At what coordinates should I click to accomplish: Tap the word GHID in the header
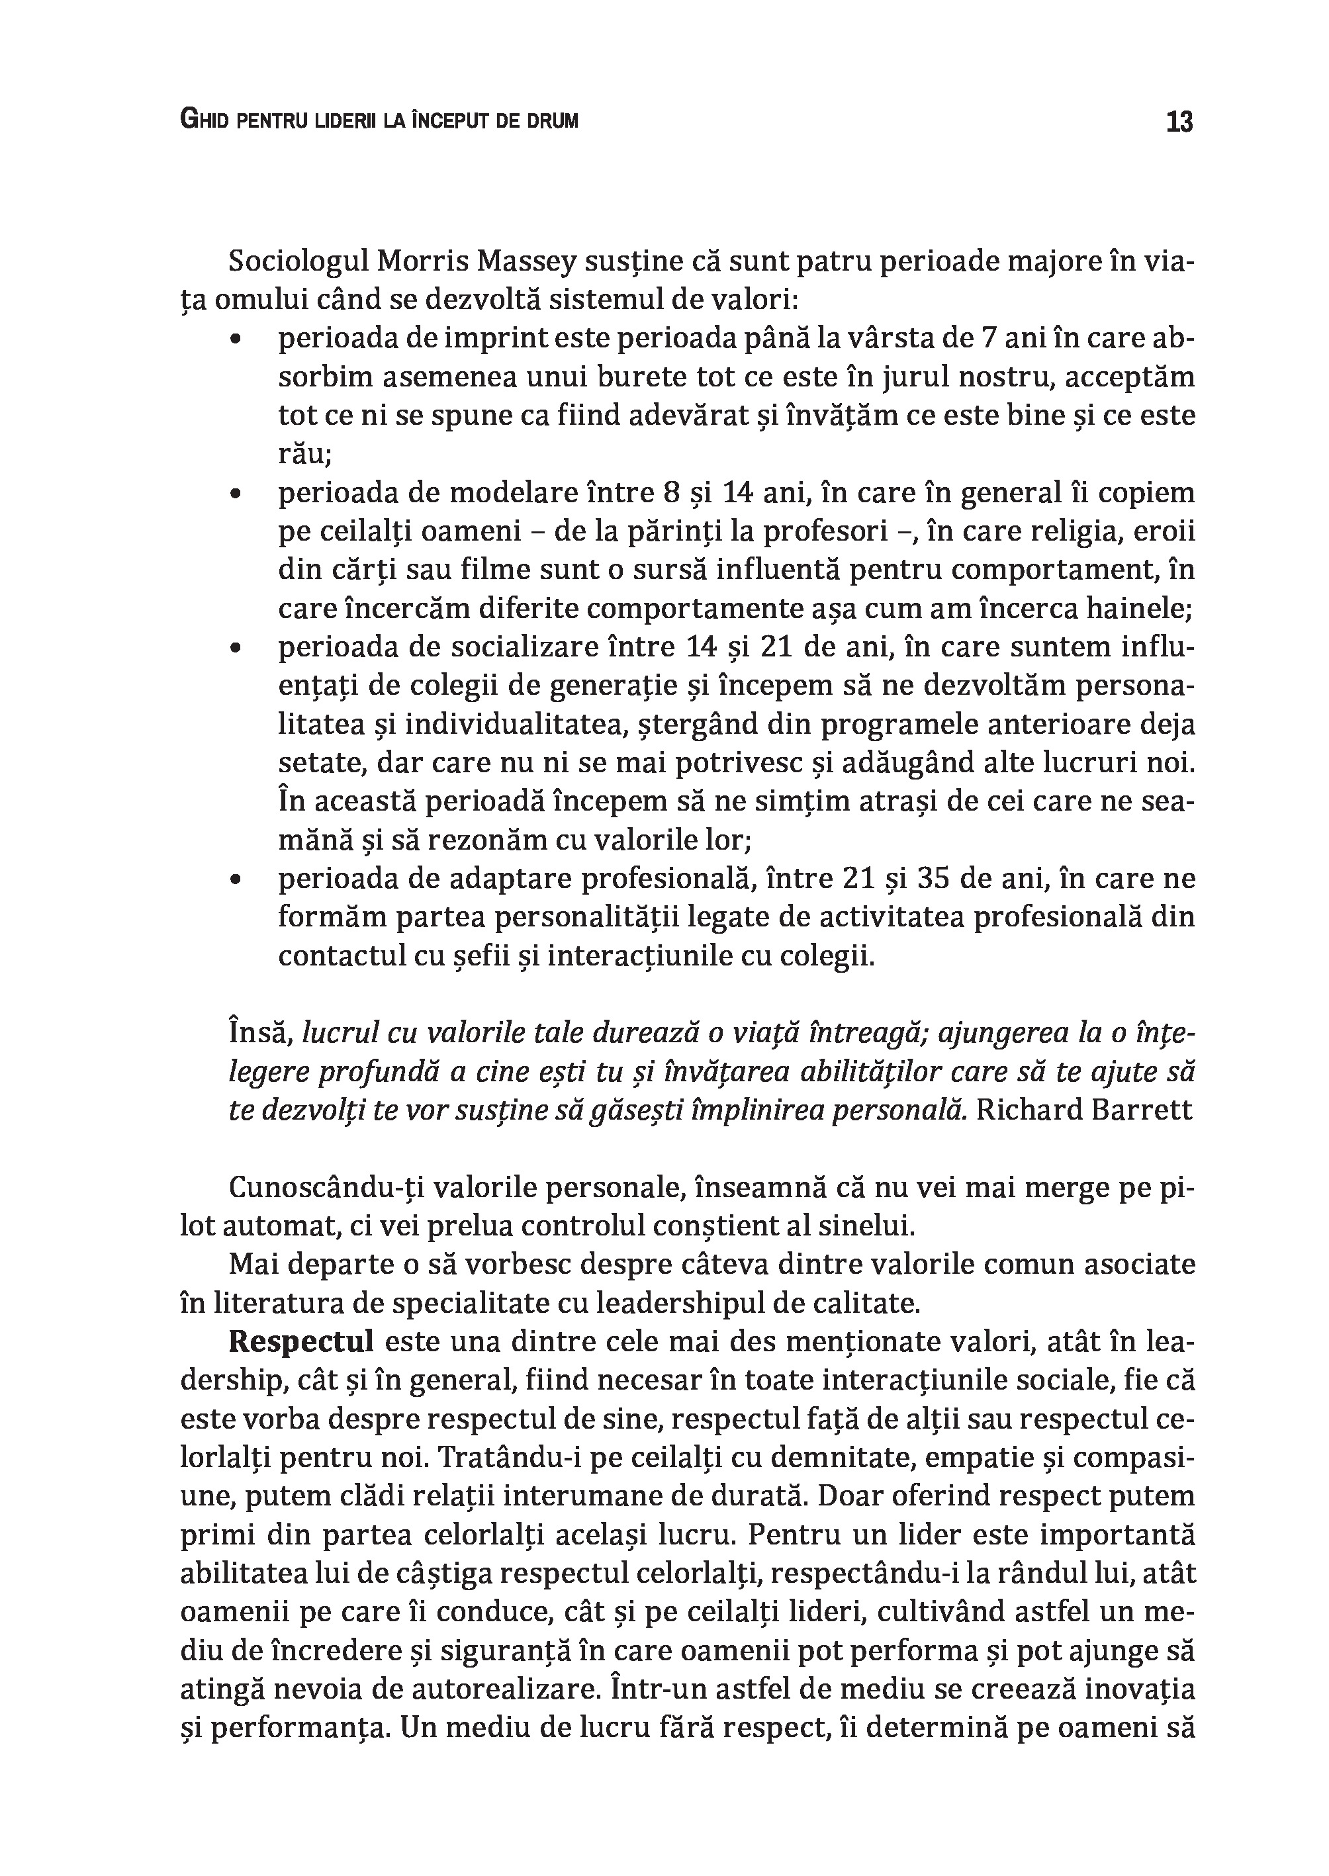coord(202,121)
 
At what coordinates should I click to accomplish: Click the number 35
coord(933,879)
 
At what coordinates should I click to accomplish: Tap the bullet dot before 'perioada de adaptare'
coord(236,880)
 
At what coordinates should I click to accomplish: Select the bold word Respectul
coord(301,1343)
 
